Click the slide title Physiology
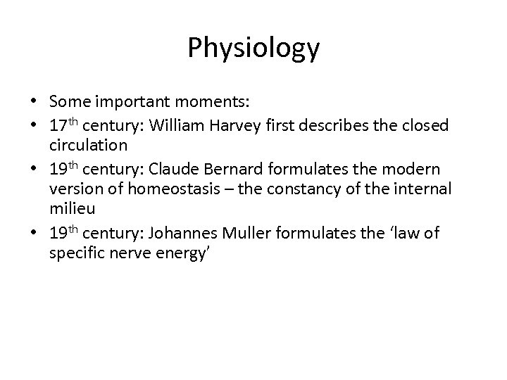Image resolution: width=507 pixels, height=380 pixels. (x=254, y=49)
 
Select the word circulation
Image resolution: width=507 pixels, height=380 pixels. (x=88, y=146)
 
